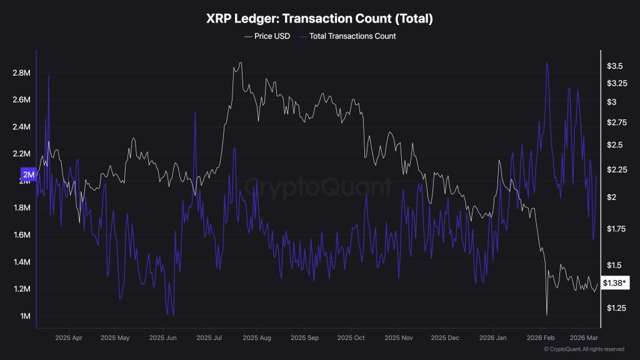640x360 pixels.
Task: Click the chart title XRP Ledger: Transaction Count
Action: point(319,19)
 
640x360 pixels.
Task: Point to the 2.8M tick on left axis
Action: point(21,73)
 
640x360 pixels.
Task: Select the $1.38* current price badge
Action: point(616,284)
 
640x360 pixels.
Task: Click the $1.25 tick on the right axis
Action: point(614,308)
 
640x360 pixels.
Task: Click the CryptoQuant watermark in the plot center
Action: point(319,187)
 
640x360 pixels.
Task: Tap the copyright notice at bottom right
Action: point(584,349)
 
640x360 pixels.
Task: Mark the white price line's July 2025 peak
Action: point(241,62)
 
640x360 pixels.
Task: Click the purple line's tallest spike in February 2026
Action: point(547,62)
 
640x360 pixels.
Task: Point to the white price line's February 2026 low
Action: point(546,314)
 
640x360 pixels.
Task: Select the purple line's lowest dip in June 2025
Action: point(172,315)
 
